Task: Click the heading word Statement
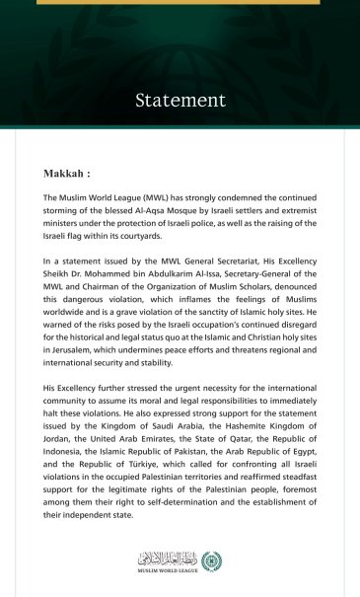pos(180,100)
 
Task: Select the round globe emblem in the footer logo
pos(210,559)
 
